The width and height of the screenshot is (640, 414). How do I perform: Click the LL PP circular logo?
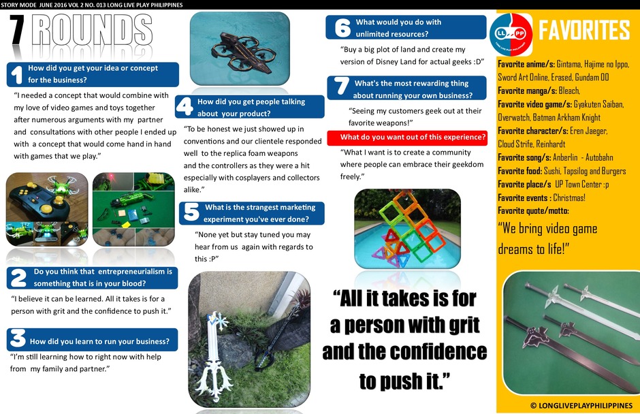(511, 34)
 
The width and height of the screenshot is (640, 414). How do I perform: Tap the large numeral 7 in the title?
(17, 30)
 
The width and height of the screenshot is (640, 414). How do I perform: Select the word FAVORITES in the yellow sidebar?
(584, 30)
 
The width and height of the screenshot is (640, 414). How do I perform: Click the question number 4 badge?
(185, 106)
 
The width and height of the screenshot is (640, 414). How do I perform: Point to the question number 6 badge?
(342, 28)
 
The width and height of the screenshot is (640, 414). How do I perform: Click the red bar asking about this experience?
(407, 138)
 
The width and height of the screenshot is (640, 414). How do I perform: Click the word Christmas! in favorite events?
(569, 198)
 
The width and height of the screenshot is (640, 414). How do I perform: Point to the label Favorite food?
(519, 171)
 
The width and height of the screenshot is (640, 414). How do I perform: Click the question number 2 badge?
(18, 278)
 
